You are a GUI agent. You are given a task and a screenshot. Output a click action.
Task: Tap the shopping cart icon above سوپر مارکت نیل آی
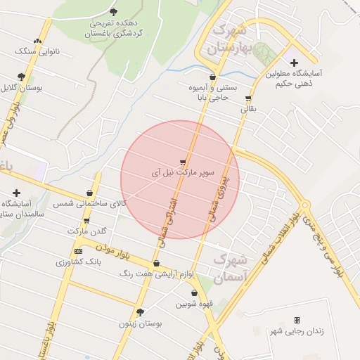[183, 162]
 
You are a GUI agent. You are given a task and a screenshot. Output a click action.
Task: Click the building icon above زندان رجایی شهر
[297, 321]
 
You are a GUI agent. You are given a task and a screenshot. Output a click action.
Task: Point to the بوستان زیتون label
[141, 324]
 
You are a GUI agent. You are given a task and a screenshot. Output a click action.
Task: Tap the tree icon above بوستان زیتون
[140, 313]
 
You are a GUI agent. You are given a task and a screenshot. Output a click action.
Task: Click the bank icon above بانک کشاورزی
[78, 251]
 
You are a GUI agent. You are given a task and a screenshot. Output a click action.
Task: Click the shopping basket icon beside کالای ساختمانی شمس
[89, 193]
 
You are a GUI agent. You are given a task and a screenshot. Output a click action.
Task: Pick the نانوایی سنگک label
[38, 51]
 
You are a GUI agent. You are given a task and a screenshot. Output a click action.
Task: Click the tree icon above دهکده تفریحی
[114, 12]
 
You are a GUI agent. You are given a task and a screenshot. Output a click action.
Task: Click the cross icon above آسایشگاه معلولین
[294, 63]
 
